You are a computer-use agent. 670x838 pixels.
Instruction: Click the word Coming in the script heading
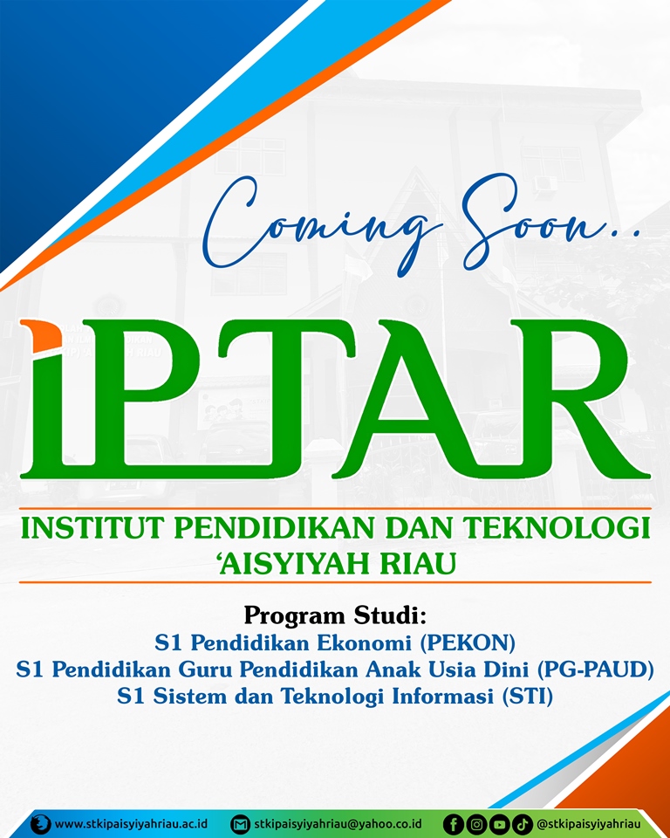pyautogui.click(x=315, y=224)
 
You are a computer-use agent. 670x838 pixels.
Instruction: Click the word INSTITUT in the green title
pyautogui.click(x=92, y=528)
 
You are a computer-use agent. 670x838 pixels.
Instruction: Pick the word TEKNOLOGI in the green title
pyautogui.click(x=557, y=528)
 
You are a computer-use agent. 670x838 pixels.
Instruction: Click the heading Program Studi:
pyautogui.click(x=335, y=615)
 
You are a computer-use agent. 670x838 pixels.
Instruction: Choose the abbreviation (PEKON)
pyautogui.click(x=468, y=642)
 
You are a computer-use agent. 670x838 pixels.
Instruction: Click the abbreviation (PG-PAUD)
pyautogui.click(x=595, y=670)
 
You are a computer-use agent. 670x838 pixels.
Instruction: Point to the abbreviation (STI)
pyautogui.click(x=528, y=696)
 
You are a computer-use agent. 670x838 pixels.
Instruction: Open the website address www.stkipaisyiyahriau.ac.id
pyautogui.click(x=131, y=823)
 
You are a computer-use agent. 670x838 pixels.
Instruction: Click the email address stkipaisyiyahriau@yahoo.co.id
pyautogui.click(x=338, y=823)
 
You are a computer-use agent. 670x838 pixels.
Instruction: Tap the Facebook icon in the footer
pyautogui.click(x=454, y=824)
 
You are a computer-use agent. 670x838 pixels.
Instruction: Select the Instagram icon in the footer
pyautogui.click(x=476, y=824)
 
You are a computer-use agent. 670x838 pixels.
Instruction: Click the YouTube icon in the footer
pyautogui.click(x=500, y=824)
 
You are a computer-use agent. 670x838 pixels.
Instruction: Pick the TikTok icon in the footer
pyautogui.click(x=523, y=824)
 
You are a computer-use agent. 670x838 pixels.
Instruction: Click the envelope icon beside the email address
pyautogui.click(x=241, y=824)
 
